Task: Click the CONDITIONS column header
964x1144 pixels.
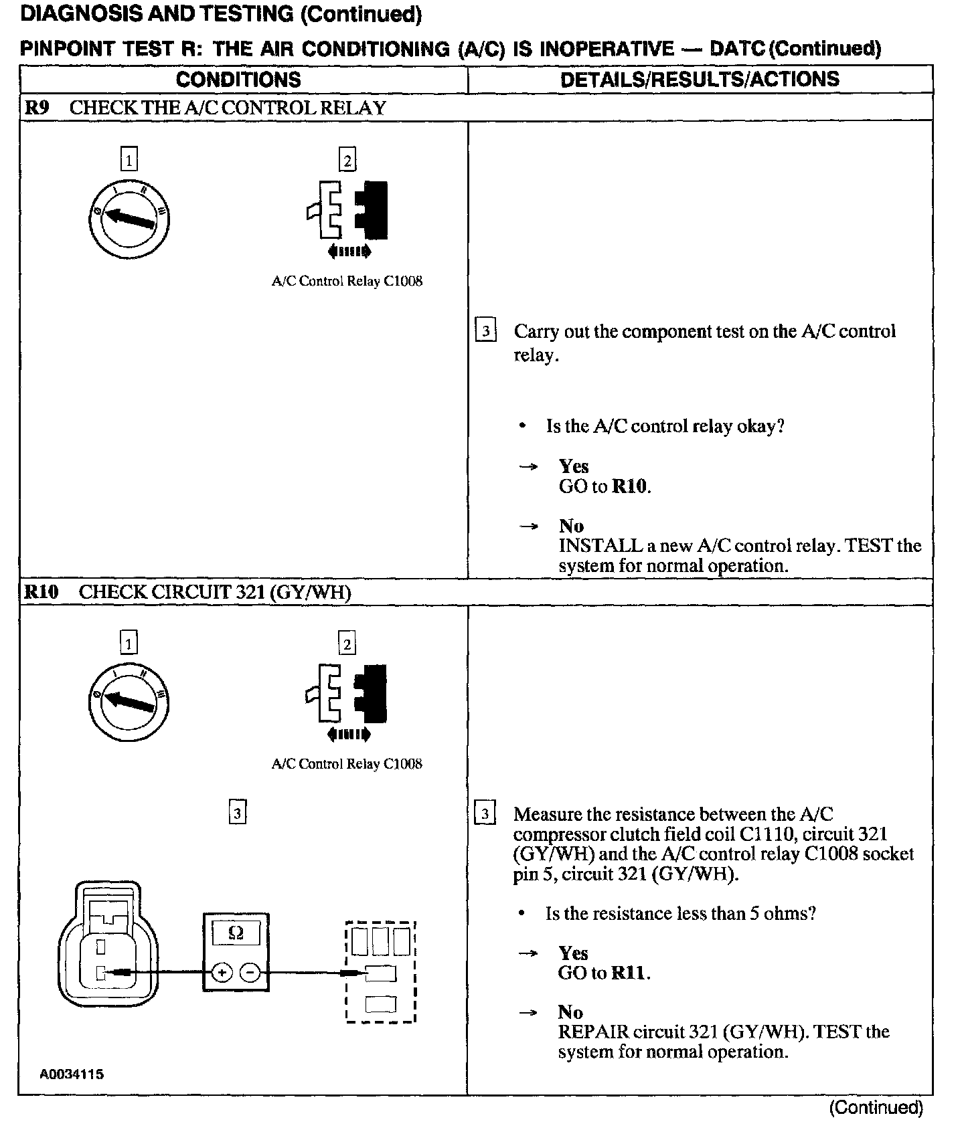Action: [x=238, y=80]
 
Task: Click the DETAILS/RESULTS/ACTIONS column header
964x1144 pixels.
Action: [x=700, y=80]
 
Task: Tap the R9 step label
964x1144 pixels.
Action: [x=37, y=108]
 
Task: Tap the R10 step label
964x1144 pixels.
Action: [x=42, y=592]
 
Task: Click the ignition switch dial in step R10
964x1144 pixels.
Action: [x=129, y=702]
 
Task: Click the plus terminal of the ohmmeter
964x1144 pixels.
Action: [x=222, y=973]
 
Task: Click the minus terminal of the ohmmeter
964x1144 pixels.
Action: [x=250, y=973]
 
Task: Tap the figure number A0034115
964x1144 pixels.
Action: [x=72, y=1074]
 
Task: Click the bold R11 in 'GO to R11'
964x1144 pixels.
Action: [x=630, y=973]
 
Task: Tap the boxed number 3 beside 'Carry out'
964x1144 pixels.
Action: [x=485, y=331]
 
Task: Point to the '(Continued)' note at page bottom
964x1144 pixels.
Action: [x=876, y=1108]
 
